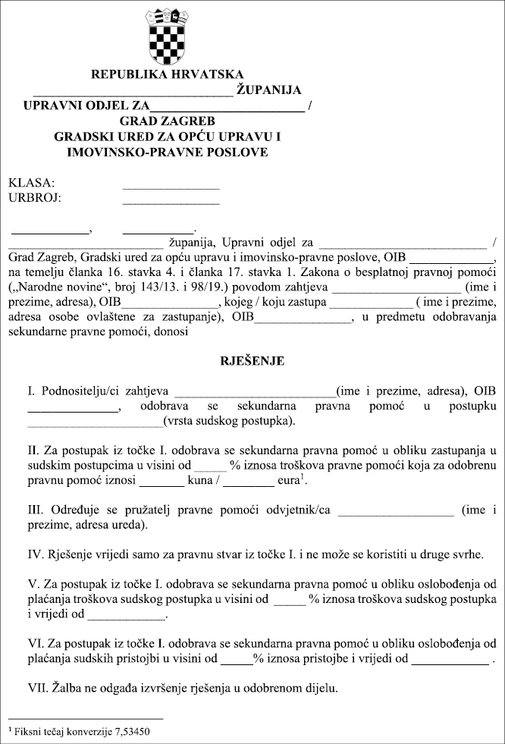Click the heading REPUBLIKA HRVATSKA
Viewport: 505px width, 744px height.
[168, 75]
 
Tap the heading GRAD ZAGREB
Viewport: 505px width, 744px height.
[168, 121]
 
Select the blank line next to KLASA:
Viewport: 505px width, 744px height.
[171, 185]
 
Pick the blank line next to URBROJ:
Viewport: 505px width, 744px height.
[171, 201]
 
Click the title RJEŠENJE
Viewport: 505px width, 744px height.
[252, 361]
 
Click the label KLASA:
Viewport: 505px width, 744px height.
[31, 184]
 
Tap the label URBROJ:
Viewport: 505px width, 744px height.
[35, 199]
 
